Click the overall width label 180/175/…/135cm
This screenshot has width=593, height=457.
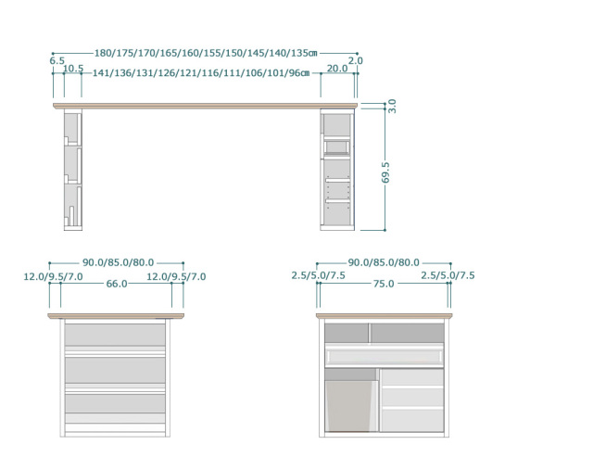point(206,54)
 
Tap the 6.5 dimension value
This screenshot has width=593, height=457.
point(57,61)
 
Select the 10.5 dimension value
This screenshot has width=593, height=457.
point(73,69)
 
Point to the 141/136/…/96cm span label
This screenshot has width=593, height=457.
point(200,73)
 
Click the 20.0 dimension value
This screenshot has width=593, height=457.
point(336,69)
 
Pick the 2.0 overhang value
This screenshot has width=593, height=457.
point(356,61)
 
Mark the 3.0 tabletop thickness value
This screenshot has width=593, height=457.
point(392,106)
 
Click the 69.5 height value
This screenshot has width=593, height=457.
point(386,172)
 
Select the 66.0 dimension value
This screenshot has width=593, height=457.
point(116,284)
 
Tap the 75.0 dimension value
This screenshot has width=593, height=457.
point(384,284)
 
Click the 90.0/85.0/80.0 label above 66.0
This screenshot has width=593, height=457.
point(118,263)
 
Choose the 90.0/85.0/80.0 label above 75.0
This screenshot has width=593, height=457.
point(384,263)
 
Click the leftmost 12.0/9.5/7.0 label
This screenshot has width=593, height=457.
point(54,276)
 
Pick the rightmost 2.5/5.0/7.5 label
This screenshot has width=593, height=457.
point(448,275)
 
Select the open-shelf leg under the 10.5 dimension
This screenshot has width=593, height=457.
point(73,171)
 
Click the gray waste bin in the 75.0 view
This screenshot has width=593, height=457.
point(350,404)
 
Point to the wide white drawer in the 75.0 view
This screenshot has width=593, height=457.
point(384,356)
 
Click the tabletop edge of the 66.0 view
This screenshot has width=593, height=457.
point(116,316)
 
